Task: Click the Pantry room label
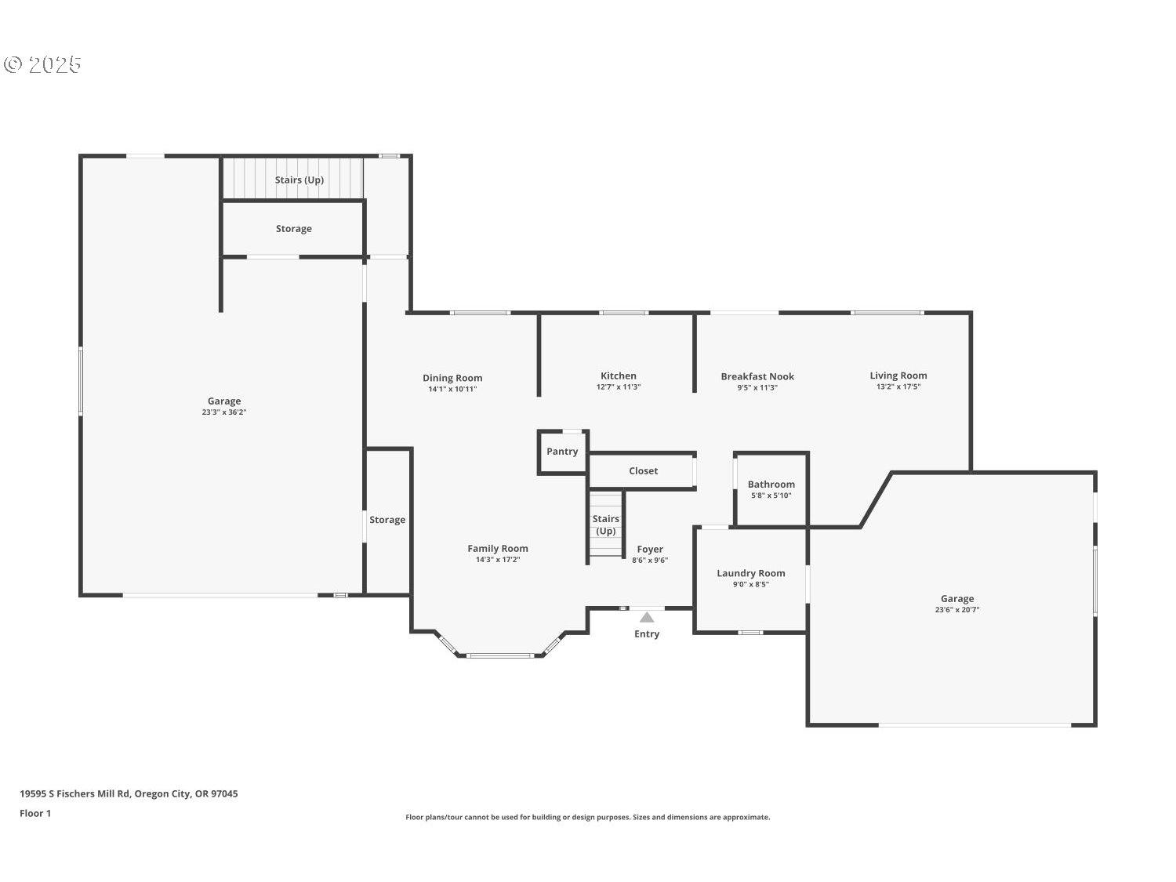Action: coord(562,452)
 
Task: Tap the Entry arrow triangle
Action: coord(647,617)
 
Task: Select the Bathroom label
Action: coord(771,485)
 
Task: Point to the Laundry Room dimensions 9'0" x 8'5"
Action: coord(750,584)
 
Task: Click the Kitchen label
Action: coord(619,376)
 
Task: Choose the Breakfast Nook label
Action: coord(757,377)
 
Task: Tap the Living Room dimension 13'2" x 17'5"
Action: coord(898,387)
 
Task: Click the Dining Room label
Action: coord(452,378)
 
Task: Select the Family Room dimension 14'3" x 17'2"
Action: coord(498,560)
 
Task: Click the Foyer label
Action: coord(650,550)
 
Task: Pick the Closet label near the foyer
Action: coord(643,471)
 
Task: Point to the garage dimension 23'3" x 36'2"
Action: coord(224,412)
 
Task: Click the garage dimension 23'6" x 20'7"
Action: coord(957,609)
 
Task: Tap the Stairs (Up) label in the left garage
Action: coord(299,180)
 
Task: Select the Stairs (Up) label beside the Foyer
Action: coord(605,525)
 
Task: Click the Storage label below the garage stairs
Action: coord(293,229)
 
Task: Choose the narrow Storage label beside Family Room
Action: coord(387,520)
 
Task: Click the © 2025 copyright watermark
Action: coord(43,64)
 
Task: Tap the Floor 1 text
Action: coord(35,813)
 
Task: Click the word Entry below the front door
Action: coord(647,634)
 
